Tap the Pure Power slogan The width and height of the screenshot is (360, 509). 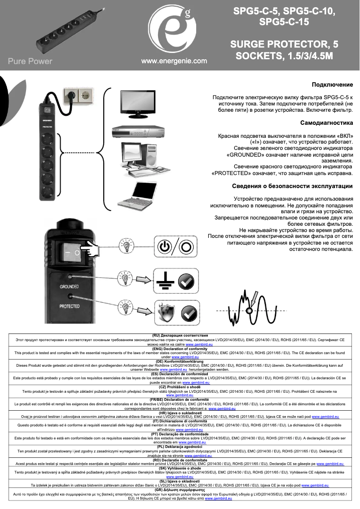click(x=30, y=61)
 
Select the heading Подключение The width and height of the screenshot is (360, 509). click(x=332, y=84)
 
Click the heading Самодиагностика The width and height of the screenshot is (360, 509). click(x=326, y=123)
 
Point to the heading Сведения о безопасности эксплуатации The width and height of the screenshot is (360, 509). click(x=292, y=186)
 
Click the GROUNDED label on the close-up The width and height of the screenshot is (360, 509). click(x=70, y=286)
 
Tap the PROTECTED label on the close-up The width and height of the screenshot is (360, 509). click(x=70, y=307)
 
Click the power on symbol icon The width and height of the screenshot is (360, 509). click(x=165, y=246)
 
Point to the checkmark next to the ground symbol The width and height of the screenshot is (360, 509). click(x=186, y=281)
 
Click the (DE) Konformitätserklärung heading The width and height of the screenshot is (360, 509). click(x=180, y=361)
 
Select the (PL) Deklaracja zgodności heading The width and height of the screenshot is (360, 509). click(x=180, y=447)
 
